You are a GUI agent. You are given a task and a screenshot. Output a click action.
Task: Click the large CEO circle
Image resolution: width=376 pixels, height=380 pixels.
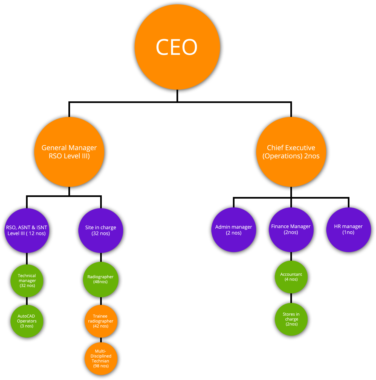pyautogui.click(x=177, y=47)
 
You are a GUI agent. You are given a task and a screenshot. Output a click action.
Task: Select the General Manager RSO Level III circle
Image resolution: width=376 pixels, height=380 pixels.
pyautogui.click(x=69, y=152)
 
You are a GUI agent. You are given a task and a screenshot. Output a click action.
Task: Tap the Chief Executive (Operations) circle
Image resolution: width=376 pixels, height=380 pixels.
pyautogui.click(x=291, y=152)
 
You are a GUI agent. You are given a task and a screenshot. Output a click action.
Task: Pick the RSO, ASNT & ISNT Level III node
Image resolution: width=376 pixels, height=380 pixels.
pyautogui.click(x=27, y=230)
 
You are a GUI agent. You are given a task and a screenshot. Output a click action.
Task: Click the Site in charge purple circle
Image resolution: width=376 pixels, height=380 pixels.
pyautogui.click(x=101, y=230)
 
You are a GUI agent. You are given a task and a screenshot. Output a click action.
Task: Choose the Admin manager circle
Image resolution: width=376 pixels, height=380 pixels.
pyautogui.click(x=234, y=230)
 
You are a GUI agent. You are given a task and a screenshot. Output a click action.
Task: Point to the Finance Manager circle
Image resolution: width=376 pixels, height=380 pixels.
pyautogui.click(x=291, y=230)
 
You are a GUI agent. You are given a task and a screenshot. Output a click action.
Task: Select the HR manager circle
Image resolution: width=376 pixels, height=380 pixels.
pyautogui.click(x=349, y=230)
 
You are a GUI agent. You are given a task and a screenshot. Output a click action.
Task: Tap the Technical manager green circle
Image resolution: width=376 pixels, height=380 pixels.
pyautogui.click(x=27, y=281)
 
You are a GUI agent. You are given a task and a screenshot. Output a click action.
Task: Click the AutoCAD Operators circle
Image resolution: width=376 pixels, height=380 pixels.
pyautogui.click(x=27, y=321)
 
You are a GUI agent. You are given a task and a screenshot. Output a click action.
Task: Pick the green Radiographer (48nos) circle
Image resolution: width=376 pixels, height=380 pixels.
pyautogui.click(x=101, y=279)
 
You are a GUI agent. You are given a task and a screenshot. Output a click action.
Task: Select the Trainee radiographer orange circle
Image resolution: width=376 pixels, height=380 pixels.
pyautogui.click(x=101, y=321)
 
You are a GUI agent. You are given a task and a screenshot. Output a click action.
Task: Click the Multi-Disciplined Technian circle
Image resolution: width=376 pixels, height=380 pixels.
pyautogui.click(x=101, y=358)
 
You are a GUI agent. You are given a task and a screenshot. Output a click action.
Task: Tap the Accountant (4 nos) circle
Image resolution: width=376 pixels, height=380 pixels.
pyautogui.click(x=291, y=277)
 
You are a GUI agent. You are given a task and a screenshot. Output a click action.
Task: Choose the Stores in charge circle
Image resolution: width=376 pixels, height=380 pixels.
pyautogui.click(x=291, y=319)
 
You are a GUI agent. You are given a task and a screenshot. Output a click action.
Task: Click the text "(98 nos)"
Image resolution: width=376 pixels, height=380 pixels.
pyautogui.click(x=101, y=366)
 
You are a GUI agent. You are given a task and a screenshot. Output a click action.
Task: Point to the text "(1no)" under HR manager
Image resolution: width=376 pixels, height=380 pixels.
pyautogui.click(x=348, y=232)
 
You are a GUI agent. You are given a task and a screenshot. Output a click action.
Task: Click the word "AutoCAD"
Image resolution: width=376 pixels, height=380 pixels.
pyautogui.click(x=26, y=316)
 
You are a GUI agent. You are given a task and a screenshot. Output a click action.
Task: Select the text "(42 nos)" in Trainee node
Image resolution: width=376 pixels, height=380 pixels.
pyautogui.click(x=101, y=326)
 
